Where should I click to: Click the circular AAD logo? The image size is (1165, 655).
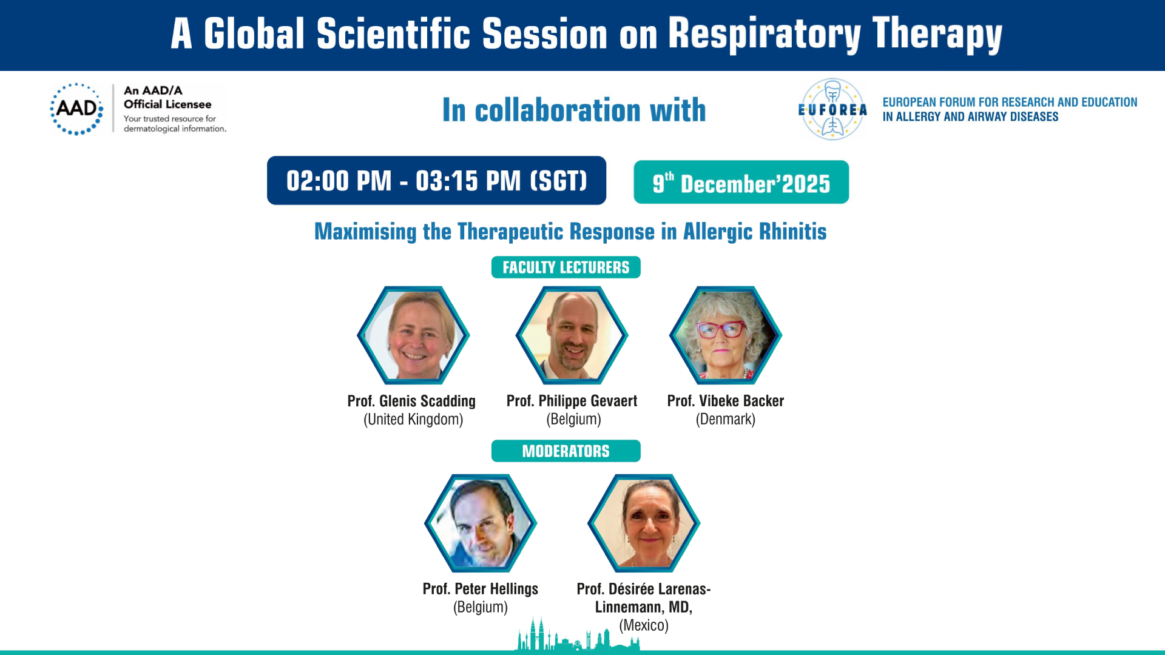pos(76,109)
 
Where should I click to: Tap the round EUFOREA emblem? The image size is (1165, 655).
pos(832,110)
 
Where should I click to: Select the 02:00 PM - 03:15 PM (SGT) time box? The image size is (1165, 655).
pos(436,181)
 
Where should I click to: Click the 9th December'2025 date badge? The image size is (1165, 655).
pos(741,182)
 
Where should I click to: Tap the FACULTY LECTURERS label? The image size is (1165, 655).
pos(566,267)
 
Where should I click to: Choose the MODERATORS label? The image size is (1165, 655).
pos(566,451)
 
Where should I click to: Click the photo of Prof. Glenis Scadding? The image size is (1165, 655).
pos(413,335)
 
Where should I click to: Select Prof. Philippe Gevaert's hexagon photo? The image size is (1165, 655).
pos(572,335)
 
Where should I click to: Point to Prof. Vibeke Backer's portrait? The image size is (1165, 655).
pos(726,335)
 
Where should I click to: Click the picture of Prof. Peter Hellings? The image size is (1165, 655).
pos(481,523)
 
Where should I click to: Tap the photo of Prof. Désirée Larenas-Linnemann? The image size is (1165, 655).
pos(644,523)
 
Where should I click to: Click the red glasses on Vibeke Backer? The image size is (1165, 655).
pos(721,330)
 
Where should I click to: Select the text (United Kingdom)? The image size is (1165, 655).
pos(413,420)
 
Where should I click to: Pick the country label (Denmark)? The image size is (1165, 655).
pos(726,420)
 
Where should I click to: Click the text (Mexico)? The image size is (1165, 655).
pos(644,625)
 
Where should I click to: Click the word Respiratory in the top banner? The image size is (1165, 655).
pos(765,34)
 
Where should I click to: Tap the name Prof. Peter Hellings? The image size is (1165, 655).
pos(481,589)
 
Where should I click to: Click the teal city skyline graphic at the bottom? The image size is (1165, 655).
pos(578,636)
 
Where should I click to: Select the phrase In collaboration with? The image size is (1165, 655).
pos(574,110)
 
